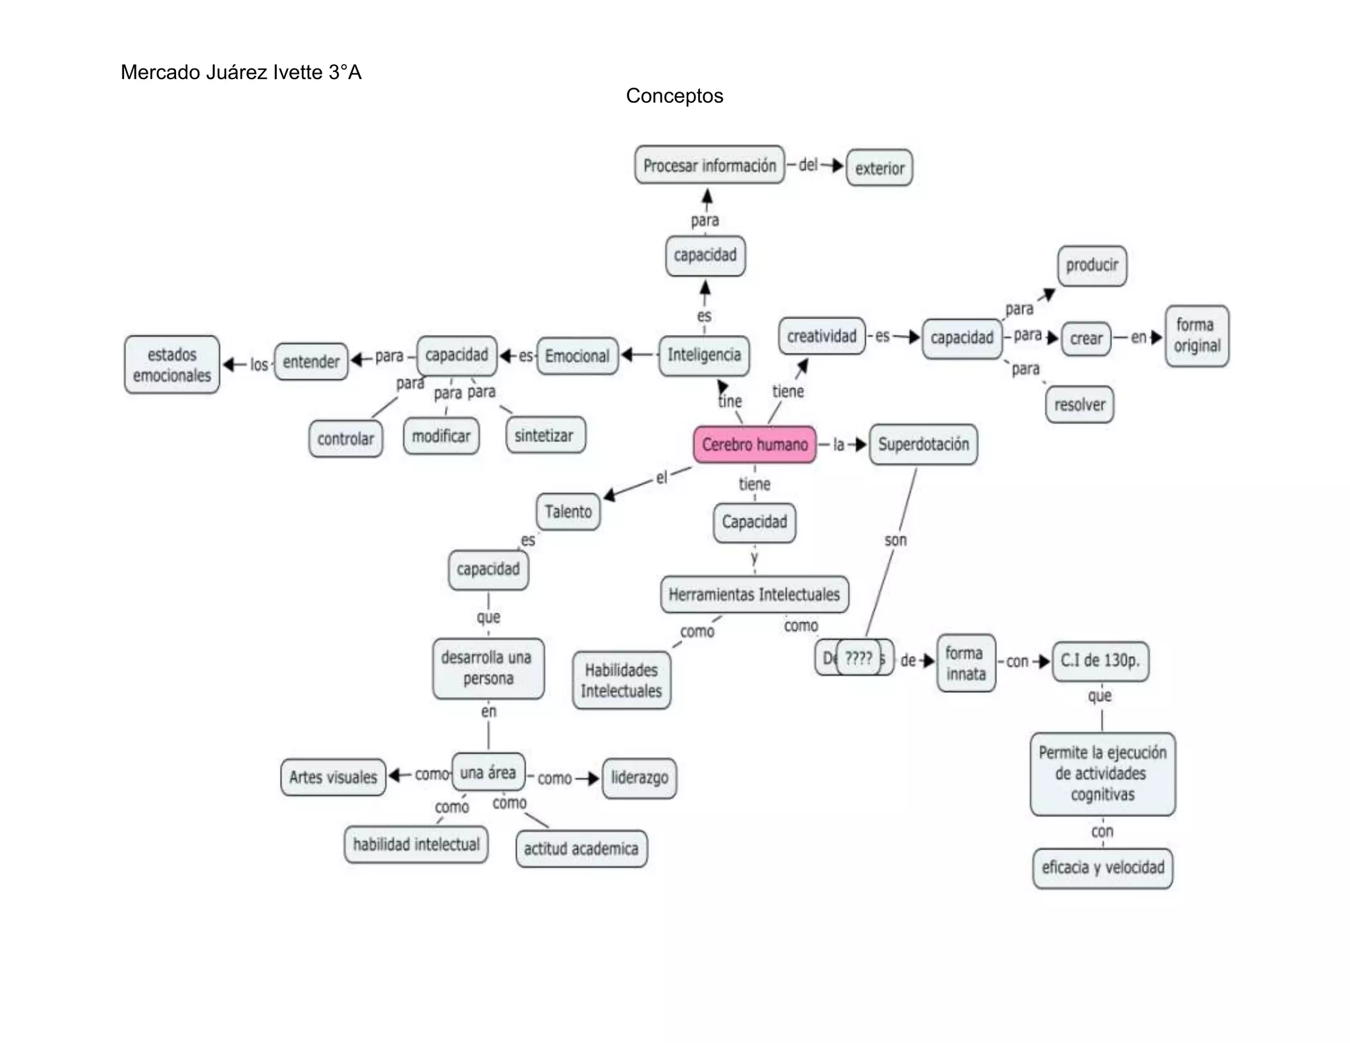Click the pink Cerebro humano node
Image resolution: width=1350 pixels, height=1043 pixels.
point(754,444)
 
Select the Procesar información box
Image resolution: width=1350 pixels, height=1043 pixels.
point(709,165)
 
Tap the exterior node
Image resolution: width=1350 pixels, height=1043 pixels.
point(879,168)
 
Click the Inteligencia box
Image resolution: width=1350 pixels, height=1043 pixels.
point(704,355)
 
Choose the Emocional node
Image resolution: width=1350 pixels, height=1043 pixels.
point(577,356)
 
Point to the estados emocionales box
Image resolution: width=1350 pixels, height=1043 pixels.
point(172,365)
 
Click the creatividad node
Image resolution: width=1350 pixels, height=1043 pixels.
point(821,336)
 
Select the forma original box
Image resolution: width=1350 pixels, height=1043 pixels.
point(1197,336)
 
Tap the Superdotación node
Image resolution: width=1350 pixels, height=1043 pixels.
point(924,444)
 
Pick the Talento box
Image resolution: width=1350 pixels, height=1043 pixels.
point(568,512)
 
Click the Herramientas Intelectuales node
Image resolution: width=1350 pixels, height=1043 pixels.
point(754,594)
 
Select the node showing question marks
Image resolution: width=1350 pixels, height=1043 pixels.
point(858,657)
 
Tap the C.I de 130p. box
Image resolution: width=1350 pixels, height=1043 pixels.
point(1100,661)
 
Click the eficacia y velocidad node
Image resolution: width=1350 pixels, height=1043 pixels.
point(1103,868)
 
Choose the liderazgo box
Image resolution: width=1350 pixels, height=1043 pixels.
point(639,778)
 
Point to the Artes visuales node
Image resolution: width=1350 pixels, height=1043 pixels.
point(333,777)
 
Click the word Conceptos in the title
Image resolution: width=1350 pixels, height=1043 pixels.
point(674,96)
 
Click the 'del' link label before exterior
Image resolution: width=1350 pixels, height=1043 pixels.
point(808,165)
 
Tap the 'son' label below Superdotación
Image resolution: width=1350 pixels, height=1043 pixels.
point(895,541)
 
